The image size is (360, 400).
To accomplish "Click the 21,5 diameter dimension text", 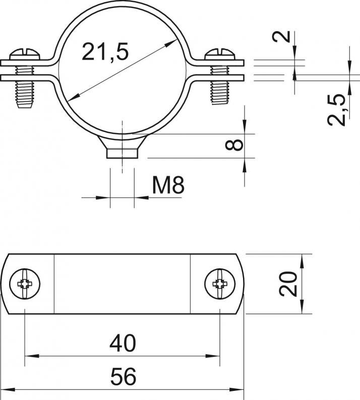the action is coord(105,52).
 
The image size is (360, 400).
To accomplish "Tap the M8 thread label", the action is coord(168,185).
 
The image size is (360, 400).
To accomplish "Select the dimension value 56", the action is coord(124,376).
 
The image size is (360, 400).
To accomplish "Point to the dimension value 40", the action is coord(123,344).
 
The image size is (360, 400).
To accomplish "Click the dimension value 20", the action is coord(288,284).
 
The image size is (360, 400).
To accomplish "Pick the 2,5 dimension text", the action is coord(336,110).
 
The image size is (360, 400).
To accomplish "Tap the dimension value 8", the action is coord(234,145).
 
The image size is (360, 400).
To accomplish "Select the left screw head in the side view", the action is coord(25,54).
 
